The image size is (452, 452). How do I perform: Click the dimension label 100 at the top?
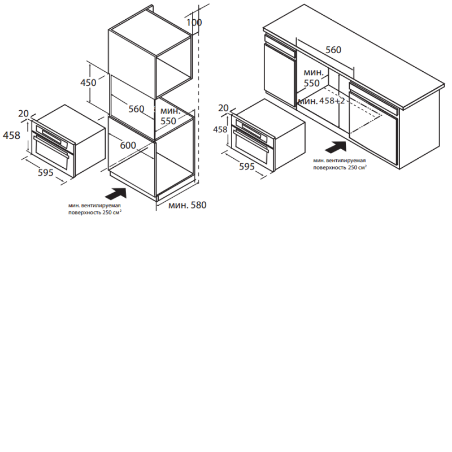pos(194,23)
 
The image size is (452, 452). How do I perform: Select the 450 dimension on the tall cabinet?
pos(88,82)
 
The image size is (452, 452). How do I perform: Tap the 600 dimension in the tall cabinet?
pos(128,145)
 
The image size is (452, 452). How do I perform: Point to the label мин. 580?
pos(188,205)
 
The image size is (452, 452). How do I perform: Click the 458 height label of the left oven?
pos(11,135)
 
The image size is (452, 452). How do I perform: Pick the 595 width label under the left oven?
pos(46,172)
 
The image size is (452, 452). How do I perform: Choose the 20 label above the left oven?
pos(23,114)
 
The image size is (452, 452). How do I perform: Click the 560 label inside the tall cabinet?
pos(136,109)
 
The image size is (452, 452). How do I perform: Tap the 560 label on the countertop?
pos(333,50)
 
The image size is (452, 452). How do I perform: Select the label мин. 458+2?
pos(321,101)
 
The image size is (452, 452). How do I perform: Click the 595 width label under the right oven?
pos(247,167)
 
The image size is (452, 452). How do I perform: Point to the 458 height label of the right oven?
pos(220,129)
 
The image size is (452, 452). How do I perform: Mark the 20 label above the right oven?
pos(223,108)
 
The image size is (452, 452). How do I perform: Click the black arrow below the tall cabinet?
pos(116,193)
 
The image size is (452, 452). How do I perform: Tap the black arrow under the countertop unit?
pos(336,147)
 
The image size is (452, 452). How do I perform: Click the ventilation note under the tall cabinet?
pos(94,209)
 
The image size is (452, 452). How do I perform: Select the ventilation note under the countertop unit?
pos(340,164)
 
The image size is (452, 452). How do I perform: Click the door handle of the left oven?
pos(51,147)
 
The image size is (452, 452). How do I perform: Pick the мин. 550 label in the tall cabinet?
pos(170,116)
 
